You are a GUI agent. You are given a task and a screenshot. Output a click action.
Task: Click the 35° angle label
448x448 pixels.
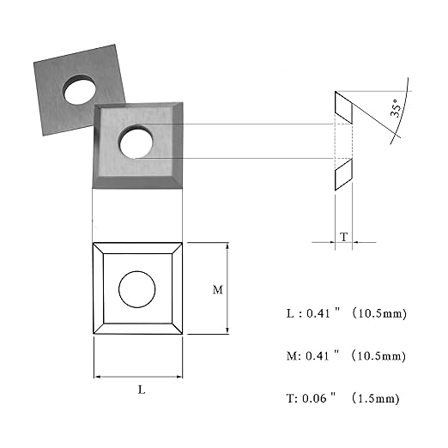395,108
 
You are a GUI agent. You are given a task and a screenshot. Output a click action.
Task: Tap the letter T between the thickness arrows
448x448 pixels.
343,237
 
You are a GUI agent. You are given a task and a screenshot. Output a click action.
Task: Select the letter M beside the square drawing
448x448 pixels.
218,290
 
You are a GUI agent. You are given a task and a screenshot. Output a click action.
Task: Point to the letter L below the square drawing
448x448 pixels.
142,390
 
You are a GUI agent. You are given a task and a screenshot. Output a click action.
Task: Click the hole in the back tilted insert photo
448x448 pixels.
80,90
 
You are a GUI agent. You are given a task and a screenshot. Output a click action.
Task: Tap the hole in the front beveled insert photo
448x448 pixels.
136,142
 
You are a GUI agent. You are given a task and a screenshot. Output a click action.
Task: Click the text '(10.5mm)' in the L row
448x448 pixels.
379,313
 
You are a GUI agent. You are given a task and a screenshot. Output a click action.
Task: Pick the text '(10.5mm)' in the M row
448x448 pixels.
378,356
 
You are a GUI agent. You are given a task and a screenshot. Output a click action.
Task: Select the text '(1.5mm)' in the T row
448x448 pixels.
375,398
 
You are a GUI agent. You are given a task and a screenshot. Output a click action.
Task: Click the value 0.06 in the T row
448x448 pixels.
314,398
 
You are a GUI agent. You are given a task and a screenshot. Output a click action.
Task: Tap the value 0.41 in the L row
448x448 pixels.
318,313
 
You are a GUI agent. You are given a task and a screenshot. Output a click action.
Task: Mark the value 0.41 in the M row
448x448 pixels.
318,356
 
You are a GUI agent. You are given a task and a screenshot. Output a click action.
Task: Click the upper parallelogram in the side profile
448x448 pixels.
343,107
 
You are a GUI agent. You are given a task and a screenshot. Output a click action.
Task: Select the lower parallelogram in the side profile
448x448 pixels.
343,174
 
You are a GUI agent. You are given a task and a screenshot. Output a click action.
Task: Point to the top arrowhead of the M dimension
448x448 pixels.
227,245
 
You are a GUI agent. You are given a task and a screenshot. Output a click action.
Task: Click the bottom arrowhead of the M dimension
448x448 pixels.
227,330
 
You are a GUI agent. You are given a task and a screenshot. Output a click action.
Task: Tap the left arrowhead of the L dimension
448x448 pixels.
98,377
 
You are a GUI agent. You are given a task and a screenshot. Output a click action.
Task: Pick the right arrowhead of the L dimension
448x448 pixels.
179,377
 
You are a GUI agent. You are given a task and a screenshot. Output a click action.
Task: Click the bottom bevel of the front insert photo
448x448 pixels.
137,182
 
